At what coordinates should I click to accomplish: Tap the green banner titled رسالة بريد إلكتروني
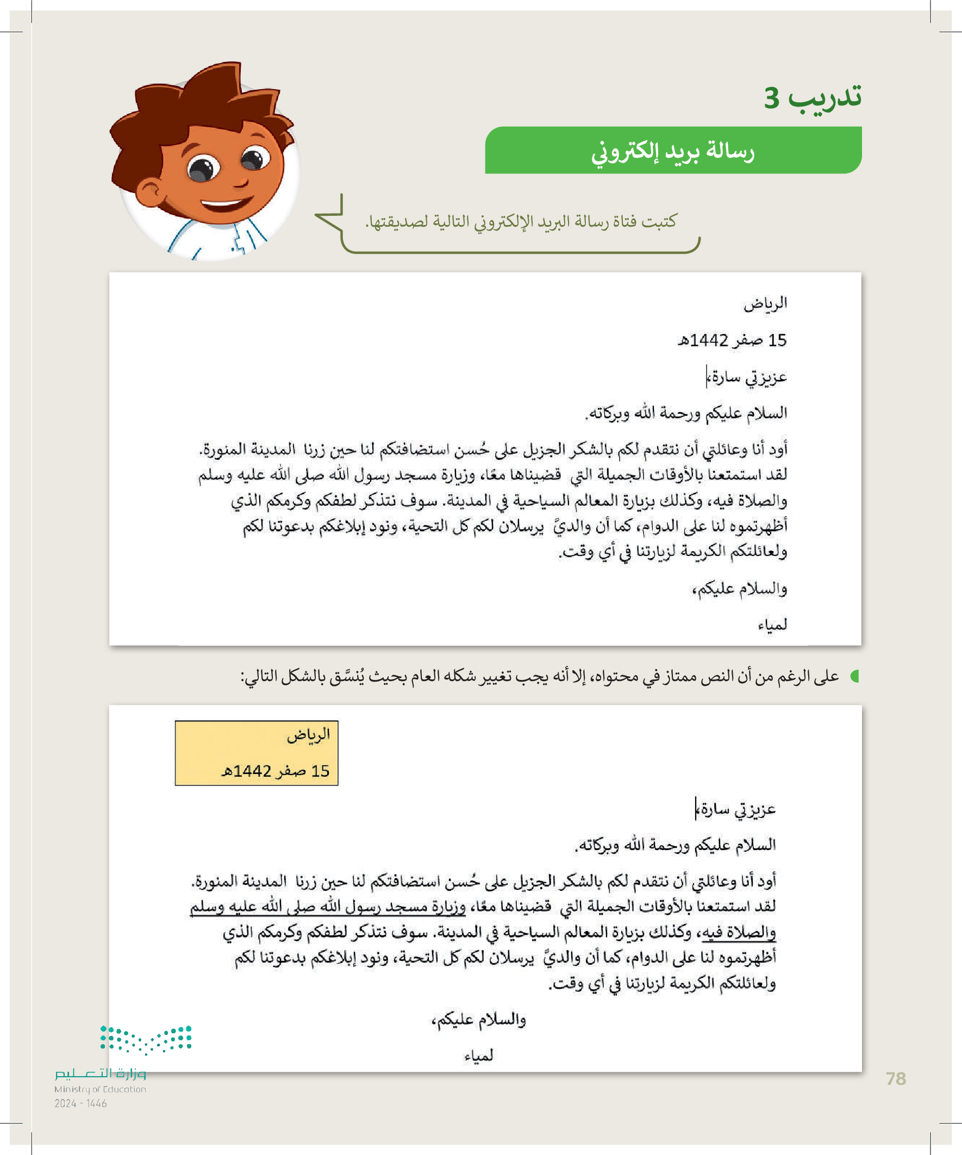click(673, 150)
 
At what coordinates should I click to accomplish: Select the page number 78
click(896, 1079)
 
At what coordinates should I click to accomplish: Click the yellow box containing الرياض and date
click(257, 752)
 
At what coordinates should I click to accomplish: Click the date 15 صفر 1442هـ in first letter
click(732, 340)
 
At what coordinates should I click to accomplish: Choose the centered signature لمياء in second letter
click(478, 1056)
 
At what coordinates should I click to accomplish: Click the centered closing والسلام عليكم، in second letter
click(478, 1019)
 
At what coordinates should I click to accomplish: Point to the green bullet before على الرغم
click(854, 676)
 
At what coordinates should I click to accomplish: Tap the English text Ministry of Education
click(100, 1089)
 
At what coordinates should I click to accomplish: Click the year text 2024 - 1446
click(80, 1103)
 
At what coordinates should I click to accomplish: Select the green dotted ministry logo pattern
click(146, 1039)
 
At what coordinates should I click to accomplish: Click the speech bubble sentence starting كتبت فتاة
click(521, 222)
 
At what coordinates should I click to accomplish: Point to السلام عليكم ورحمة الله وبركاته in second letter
click(675, 845)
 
